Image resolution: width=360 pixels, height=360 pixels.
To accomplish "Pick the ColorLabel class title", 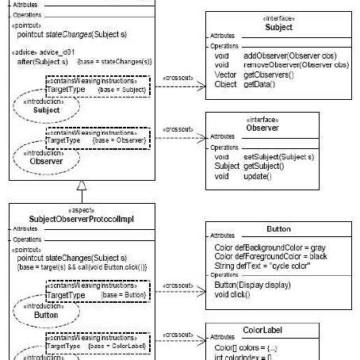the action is [278, 330].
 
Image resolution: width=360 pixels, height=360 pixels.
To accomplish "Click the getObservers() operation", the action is [270, 75].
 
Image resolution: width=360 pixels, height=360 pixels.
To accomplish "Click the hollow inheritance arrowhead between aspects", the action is [81, 187].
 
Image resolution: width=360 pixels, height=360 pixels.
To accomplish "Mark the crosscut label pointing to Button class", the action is [177, 285].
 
